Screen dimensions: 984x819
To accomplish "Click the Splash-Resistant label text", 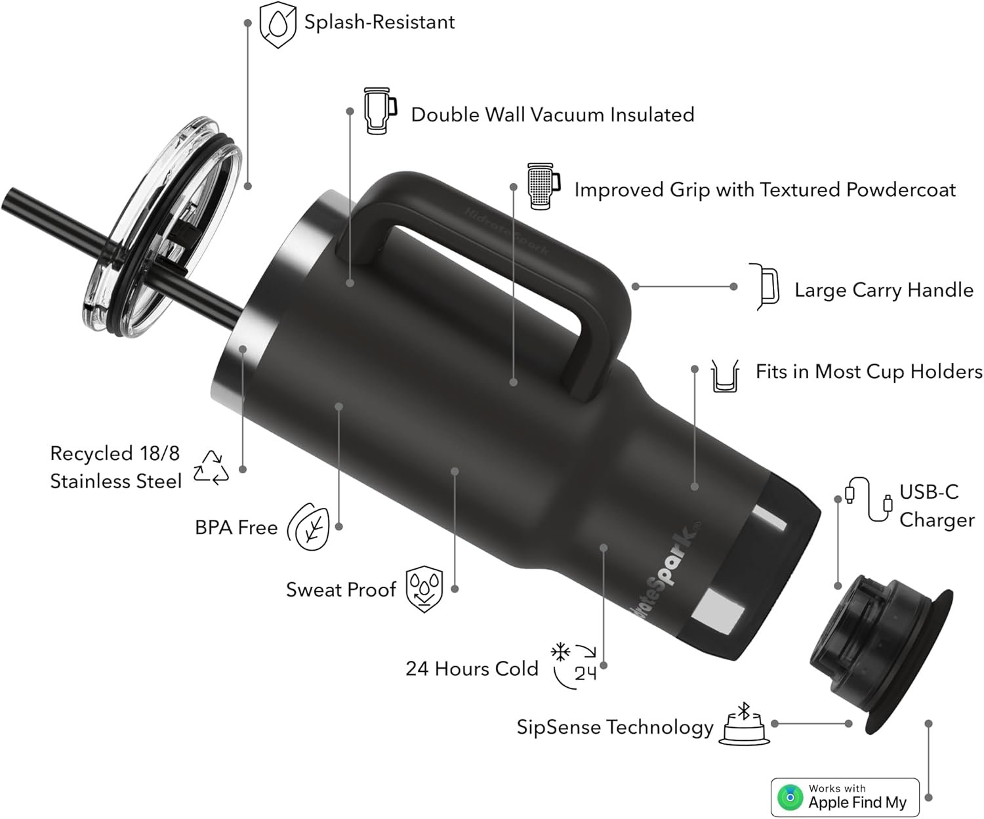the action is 379,22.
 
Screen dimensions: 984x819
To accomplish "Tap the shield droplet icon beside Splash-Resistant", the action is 278,24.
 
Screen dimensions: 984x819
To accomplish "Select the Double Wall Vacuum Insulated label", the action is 552,115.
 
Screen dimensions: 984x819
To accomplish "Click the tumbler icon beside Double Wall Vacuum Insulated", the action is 380,111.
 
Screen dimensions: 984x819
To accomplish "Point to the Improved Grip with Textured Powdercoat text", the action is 765,190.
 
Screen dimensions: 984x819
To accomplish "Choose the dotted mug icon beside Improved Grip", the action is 544,186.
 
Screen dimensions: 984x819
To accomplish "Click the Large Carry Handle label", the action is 884,290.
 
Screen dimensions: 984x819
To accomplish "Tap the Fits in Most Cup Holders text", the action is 869,371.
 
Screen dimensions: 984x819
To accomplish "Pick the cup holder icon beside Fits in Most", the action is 725,376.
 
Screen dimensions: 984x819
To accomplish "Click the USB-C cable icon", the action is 868,499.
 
